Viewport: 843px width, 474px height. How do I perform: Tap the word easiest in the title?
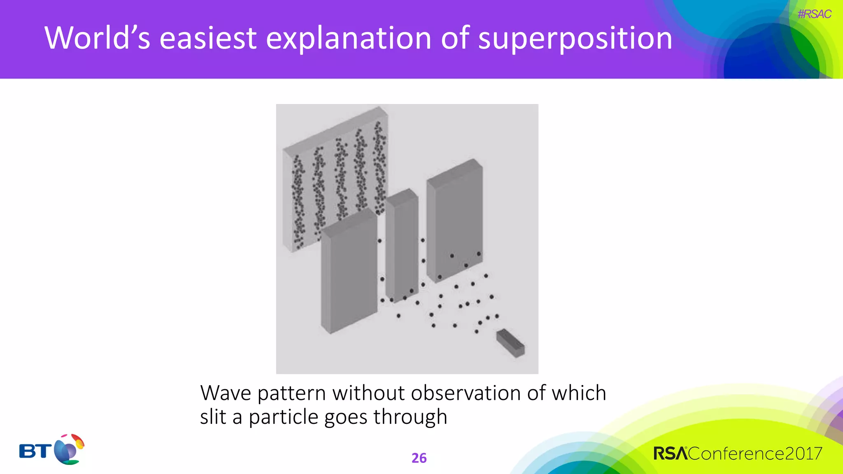tap(208, 38)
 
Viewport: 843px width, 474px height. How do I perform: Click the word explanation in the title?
tap(348, 38)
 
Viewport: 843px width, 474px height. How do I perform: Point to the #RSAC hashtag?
tap(814, 14)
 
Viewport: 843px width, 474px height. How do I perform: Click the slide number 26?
tap(419, 458)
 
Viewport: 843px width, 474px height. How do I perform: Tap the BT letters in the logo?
tap(35, 451)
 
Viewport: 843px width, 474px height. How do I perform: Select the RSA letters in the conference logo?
tap(670, 453)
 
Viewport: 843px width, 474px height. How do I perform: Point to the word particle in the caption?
tap(284, 417)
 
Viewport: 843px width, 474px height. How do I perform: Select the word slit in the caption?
tap(213, 417)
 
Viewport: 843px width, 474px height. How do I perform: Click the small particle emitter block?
tap(511, 343)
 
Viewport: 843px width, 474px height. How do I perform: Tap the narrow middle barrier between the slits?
tap(402, 245)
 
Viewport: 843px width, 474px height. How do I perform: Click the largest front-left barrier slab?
tap(349, 272)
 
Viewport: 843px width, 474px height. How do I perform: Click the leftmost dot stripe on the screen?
tap(298, 202)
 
